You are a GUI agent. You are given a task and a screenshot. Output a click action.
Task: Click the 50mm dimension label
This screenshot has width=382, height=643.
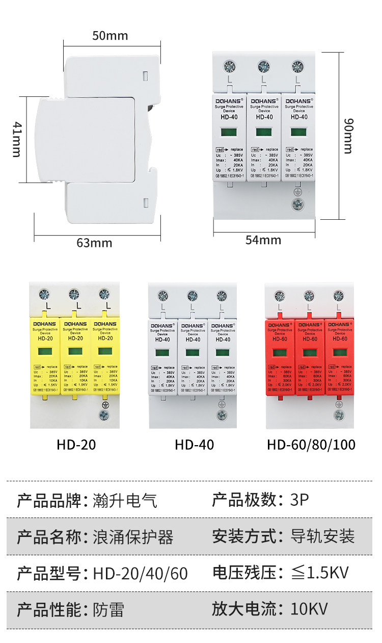click(x=110, y=36)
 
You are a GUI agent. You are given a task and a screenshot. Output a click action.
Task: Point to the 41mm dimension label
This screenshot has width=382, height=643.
click(x=17, y=139)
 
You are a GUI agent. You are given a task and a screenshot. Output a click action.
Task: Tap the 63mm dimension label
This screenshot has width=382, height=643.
click(x=94, y=243)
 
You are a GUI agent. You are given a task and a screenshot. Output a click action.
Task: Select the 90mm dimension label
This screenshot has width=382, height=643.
click(x=348, y=136)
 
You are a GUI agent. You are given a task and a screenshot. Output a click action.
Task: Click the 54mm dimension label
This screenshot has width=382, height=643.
click(x=263, y=240)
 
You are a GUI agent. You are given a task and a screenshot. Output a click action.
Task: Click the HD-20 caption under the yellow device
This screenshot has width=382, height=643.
click(x=76, y=445)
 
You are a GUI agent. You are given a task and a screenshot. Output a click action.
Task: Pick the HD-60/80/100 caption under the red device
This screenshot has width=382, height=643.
click(x=311, y=445)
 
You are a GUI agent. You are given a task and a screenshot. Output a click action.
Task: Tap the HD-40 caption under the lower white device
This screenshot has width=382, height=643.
click(x=194, y=445)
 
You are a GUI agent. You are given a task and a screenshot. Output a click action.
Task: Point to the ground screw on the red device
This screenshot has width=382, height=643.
click(x=338, y=414)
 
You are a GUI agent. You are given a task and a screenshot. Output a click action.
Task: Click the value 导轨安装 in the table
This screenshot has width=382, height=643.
click(x=322, y=536)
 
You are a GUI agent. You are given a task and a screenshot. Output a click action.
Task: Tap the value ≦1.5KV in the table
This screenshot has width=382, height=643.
click(x=319, y=573)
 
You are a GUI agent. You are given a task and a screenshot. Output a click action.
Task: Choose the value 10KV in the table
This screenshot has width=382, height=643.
click(x=309, y=609)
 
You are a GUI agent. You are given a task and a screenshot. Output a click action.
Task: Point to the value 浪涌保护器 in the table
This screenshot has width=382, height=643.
click(x=133, y=537)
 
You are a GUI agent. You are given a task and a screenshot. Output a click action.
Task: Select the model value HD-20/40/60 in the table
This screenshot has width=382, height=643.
click(x=141, y=574)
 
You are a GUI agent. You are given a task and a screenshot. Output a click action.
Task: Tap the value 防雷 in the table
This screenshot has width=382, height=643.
click(x=108, y=610)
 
